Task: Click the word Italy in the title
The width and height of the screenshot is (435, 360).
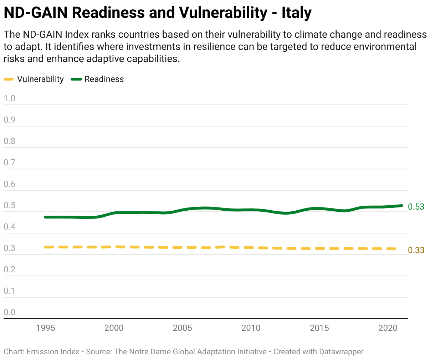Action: pos(296,13)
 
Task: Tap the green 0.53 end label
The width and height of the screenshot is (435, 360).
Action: pos(416,207)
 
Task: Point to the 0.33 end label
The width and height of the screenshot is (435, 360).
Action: pos(416,250)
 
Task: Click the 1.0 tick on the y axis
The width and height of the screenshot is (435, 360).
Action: pos(10,98)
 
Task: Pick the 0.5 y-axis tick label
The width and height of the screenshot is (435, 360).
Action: pos(10,205)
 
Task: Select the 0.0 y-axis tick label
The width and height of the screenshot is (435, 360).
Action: pos(10,312)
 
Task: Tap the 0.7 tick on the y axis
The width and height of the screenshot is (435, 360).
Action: pos(10,163)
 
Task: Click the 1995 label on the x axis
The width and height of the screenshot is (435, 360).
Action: pos(46,328)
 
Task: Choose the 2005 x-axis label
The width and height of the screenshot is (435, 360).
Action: pos(183,328)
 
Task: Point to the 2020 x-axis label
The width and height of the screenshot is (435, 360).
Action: pos(388,328)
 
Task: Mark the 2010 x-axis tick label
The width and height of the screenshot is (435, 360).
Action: pos(251,328)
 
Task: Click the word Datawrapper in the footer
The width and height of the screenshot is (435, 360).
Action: pos(341,352)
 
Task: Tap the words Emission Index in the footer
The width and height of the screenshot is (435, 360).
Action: pos(53,352)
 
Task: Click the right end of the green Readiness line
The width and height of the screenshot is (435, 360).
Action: pos(401,206)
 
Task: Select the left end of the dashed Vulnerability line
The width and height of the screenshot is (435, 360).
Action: pos(46,247)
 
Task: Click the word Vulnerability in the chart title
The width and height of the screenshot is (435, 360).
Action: pos(222,13)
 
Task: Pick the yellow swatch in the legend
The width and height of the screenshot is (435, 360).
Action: pos(9,79)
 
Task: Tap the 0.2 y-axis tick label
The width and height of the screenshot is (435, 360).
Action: pos(10,269)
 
